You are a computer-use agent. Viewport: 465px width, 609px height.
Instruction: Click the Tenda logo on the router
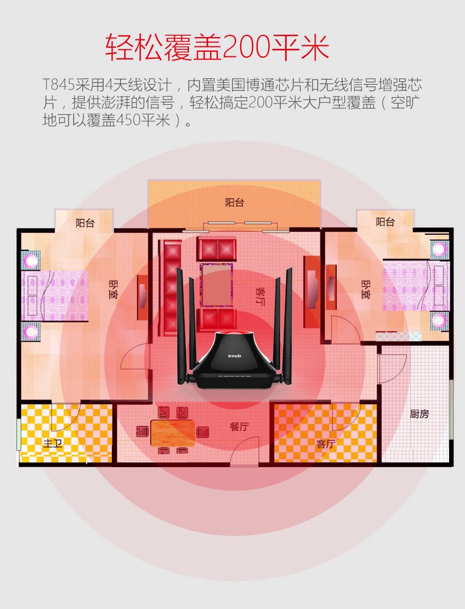tap(235, 357)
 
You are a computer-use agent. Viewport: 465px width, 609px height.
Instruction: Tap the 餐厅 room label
tap(239, 427)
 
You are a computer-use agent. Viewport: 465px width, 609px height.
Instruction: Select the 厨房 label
tap(419, 414)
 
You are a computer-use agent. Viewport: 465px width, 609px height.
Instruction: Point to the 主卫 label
tap(52, 443)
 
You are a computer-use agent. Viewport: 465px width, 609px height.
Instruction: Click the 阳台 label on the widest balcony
tap(234, 202)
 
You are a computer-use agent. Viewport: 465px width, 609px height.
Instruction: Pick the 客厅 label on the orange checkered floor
tap(325, 444)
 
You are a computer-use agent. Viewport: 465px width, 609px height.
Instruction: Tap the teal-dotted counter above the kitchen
tap(398, 336)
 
